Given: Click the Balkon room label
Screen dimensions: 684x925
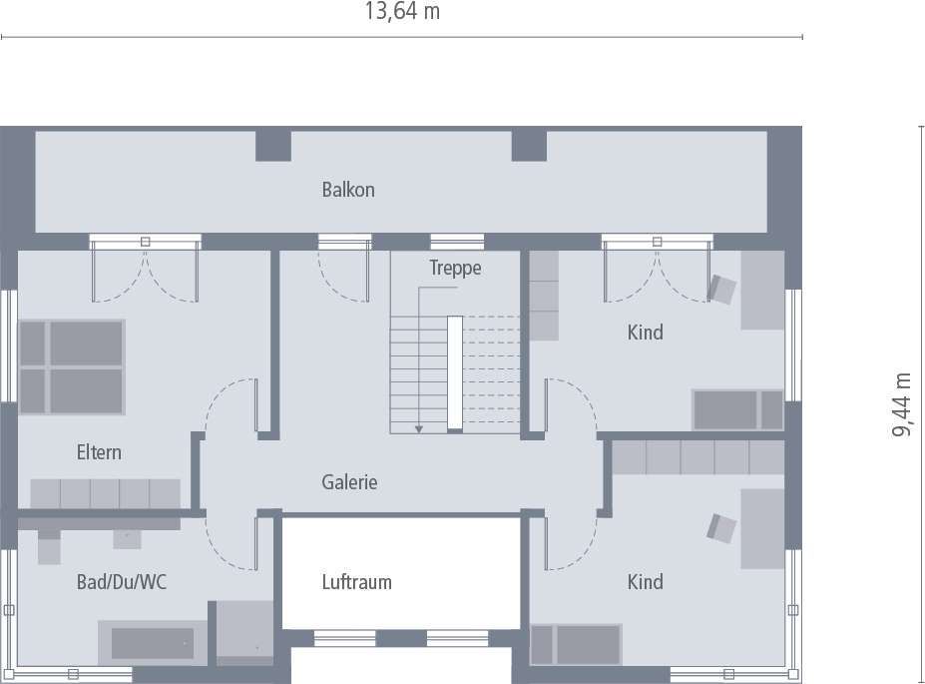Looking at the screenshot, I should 348,190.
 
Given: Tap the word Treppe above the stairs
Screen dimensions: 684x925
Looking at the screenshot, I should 455,268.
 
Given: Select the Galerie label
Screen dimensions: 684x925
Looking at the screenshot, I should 349,482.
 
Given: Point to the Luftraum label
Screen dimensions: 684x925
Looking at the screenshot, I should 356,582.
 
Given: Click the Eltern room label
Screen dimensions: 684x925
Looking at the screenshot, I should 99,452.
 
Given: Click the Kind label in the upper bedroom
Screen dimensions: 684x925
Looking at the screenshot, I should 645,333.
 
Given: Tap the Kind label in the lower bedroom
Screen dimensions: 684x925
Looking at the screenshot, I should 645,582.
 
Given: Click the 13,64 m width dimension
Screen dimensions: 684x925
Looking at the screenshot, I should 402,13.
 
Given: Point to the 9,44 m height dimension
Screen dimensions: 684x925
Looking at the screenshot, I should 903,404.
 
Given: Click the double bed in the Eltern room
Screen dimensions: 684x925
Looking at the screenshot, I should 72,364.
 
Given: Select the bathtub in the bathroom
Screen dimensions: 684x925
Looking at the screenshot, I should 153,643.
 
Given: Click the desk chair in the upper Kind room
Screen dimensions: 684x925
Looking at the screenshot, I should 722,289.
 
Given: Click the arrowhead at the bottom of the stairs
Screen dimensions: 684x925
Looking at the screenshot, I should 420,428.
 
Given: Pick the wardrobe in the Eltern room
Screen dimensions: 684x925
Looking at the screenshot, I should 105,493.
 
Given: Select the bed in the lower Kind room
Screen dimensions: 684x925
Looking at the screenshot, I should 577,644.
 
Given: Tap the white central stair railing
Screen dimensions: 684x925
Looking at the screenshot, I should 455,372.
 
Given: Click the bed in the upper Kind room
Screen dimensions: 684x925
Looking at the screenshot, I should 738,409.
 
